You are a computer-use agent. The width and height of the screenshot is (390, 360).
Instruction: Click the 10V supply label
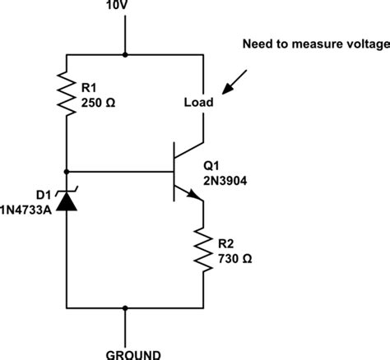(x=125, y=7)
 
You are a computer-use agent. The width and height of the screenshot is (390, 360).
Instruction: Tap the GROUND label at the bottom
(x=125, y=353)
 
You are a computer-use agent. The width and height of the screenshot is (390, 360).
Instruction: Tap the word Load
(x=199, y=104)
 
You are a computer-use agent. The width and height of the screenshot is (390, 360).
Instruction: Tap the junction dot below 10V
(x=125, y=55)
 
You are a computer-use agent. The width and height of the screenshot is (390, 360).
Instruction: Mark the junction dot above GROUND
(x=125, y=309)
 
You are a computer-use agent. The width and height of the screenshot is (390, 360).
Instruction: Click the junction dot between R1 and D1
(x=66, y=172)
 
